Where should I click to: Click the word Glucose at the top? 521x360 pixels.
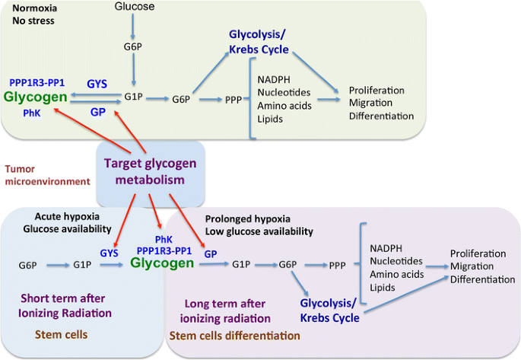pos(135,7)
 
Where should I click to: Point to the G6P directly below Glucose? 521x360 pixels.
pos(135,45)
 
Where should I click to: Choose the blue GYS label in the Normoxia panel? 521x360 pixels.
pos(97,82)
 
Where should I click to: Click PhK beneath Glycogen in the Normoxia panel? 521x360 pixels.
pos(32,113)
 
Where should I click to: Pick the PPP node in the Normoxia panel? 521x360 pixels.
pos(233,99)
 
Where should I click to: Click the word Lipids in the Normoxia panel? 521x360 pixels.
pos(271,119)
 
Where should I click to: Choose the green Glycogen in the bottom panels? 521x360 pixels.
pos(162,264)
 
